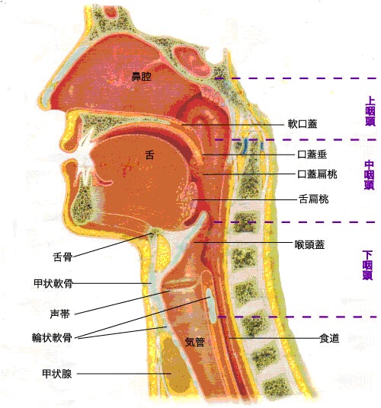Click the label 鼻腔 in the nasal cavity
click(142, 76)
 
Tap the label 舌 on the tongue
click(149, 155)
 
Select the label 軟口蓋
click(303, 124)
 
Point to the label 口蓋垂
click(312, 155)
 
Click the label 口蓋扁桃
click(317, 174)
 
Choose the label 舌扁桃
click(313, 199)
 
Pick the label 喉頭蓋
click(309, 244)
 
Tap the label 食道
click(329, 338)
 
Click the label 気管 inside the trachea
click(194, 342)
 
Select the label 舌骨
click(62, 257)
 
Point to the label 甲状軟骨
click(53, 283)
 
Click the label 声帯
click(60, 314)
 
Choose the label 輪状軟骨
click(52, 338)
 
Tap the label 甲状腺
click(57, 374)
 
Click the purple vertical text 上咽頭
click(370, 111)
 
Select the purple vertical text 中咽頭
click(370, 175)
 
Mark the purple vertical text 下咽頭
click(367, 265)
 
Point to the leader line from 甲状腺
click(124, 374)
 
